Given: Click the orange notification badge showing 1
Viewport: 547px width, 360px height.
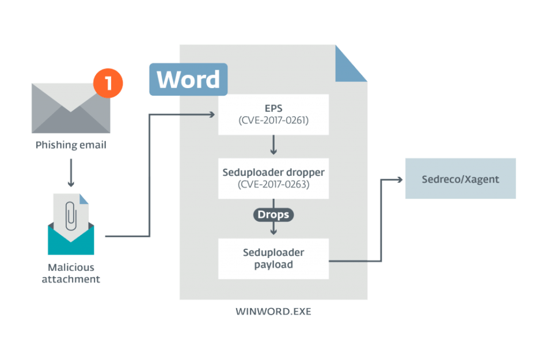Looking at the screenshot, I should [108, 84].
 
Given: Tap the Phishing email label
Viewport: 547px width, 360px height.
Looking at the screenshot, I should [70, 145].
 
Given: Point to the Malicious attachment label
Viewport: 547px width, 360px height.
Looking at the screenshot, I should [70, 274].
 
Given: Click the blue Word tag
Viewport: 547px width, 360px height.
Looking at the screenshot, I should [188, 79].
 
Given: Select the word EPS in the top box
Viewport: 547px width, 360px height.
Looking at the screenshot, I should [273, 108].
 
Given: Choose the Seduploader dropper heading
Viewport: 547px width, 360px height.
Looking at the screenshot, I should [273, 172].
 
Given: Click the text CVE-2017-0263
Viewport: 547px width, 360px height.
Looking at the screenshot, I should [273, 184].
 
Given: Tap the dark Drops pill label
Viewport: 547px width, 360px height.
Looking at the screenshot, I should [273, 215].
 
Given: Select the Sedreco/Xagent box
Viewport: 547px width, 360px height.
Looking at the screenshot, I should [460, 179].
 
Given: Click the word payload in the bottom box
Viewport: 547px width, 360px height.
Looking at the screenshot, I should [273, 265].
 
